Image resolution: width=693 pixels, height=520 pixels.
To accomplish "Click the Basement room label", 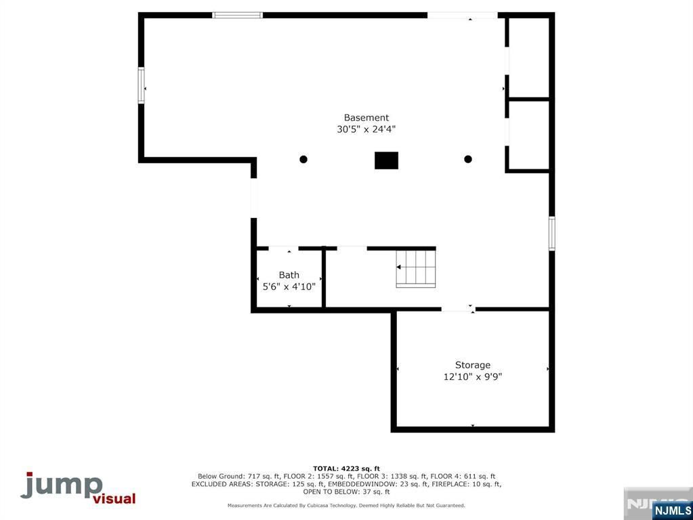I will [366, 118].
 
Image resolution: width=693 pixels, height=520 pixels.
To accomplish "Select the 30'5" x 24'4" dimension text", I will [366, 129].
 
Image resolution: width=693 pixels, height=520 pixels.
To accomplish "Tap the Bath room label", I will [289, 275].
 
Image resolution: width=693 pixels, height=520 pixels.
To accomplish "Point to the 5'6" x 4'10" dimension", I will [289, 286].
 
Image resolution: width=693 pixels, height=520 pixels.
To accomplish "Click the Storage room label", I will [472, 365].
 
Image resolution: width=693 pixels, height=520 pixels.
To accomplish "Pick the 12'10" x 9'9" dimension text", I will [472, 376].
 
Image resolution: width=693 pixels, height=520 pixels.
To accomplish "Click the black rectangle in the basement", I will [386, 160].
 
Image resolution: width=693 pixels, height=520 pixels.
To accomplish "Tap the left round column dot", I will [303, 159].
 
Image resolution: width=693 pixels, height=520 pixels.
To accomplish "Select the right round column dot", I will [467, 159].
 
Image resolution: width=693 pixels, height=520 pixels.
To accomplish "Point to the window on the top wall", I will [238, 15].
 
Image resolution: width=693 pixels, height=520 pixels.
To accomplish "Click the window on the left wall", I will [142, 85].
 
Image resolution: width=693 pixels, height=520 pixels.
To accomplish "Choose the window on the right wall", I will [552, 233].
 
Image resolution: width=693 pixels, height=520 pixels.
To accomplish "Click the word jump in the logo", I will [61, 486].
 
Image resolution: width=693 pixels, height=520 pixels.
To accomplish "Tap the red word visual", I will [114, 499].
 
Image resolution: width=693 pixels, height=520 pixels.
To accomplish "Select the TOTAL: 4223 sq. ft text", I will [346, 469].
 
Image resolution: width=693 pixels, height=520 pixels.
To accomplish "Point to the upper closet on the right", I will [528, 58].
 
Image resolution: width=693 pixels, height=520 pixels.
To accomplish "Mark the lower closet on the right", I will [528, 134].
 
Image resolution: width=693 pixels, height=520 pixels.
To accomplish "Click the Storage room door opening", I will [458, 309].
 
